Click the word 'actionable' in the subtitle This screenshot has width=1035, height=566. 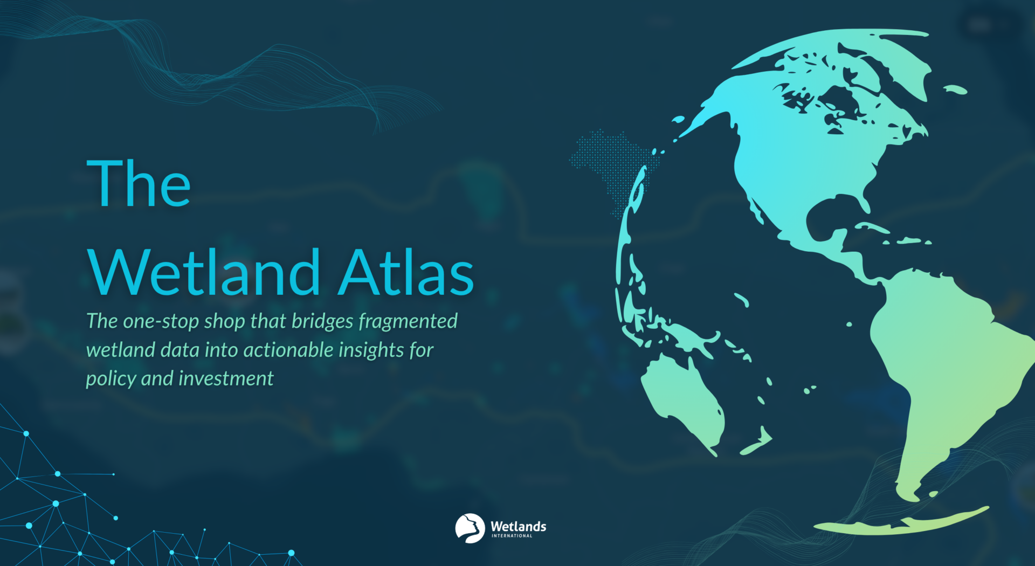coord(288,350)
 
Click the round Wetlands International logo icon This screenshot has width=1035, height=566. coord(470,528)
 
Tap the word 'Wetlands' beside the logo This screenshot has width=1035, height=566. coord(518,526)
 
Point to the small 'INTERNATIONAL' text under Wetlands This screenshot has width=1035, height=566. coord(512,536)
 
